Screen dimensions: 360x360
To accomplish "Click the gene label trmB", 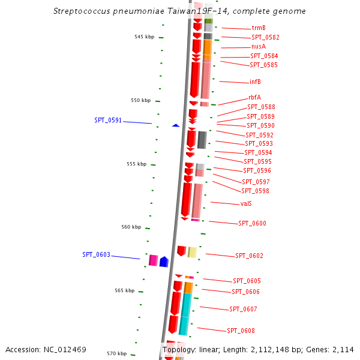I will (x=259, y=28).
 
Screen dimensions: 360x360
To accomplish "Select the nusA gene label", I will (x=259, y=47).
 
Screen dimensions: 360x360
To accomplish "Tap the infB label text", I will (x=255, y=82).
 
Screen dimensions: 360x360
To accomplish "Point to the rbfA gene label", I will (x=254, y=98).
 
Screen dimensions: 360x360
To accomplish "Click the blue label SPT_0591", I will (x=108, y=121).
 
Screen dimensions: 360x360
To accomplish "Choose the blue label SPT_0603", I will (x=96, y=255).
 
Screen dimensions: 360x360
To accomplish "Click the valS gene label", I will (x=246, y=204).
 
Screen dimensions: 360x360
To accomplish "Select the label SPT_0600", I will (x=252, y=224).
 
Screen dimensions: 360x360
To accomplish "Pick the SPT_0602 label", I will (x=249, y=256).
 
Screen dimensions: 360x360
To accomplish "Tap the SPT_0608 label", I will (x=241, y=331).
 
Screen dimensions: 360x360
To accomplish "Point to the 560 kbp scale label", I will (x=131, y=227).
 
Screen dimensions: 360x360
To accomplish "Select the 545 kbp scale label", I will (x=144, y=37).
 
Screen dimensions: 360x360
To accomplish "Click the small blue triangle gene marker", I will (x=176, y=125).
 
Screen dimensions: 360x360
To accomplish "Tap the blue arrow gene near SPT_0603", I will (x=163, y=261).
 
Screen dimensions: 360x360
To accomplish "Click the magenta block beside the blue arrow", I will (x=153, y=260).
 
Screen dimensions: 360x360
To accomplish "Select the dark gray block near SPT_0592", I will (x=202, y=140).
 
